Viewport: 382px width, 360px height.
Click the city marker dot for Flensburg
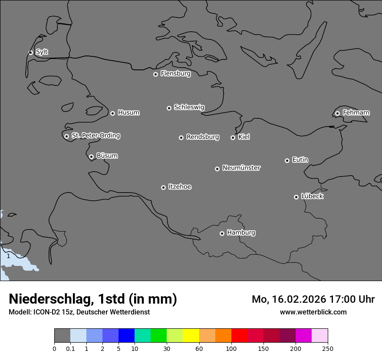[x=155, y=74]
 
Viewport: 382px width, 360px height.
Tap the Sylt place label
[x=42, y=52]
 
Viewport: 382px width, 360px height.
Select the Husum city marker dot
[x=112, y=113]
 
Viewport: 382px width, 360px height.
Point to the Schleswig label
[x=189, y=107]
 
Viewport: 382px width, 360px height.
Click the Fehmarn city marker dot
[x=337, y=113]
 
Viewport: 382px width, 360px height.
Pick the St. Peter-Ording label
[x=96, y=136]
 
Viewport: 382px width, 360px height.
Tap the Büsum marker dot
[x=91, y=157]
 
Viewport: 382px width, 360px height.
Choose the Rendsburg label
[x=203, y=137]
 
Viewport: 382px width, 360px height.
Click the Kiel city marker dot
[x=233, y=137]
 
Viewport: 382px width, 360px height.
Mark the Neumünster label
[x=241, y=168]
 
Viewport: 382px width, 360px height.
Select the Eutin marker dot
[x=287, y=160]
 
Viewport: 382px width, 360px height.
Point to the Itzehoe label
[x=180, y=187]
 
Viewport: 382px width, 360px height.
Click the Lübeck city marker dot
[x=296, y=197]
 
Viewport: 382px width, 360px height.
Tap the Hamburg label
[x=241, y=233]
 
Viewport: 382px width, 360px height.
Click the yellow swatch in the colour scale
[x=191, y=336]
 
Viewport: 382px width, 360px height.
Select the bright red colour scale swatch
[x=239, y=336]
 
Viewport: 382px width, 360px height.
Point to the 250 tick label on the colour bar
[x=327, y=348]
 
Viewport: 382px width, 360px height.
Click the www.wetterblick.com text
[x=313, y=312]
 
